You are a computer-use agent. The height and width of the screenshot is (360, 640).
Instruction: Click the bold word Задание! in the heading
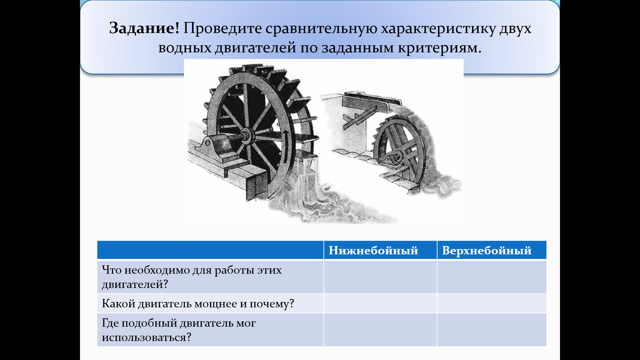(144, 29)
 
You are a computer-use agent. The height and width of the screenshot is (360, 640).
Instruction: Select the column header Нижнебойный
(373, 250)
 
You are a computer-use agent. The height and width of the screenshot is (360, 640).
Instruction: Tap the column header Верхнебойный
(487, 250)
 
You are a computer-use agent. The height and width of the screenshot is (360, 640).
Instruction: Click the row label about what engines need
(192, 277)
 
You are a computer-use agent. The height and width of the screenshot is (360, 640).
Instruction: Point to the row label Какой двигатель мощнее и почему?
(198, 304)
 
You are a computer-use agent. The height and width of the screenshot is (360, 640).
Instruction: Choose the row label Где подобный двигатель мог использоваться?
(179, 330)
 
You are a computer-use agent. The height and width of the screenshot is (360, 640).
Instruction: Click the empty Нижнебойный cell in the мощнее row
(380, 303)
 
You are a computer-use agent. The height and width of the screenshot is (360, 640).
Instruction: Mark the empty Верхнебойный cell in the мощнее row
(492, 303)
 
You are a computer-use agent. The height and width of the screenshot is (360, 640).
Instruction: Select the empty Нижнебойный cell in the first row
(380, 277)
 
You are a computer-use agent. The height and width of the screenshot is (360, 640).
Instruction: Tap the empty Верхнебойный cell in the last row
(492, 330)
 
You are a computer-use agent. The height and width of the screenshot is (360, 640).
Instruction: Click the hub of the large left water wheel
(246, 136)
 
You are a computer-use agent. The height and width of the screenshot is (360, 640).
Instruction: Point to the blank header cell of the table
(210, 250)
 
